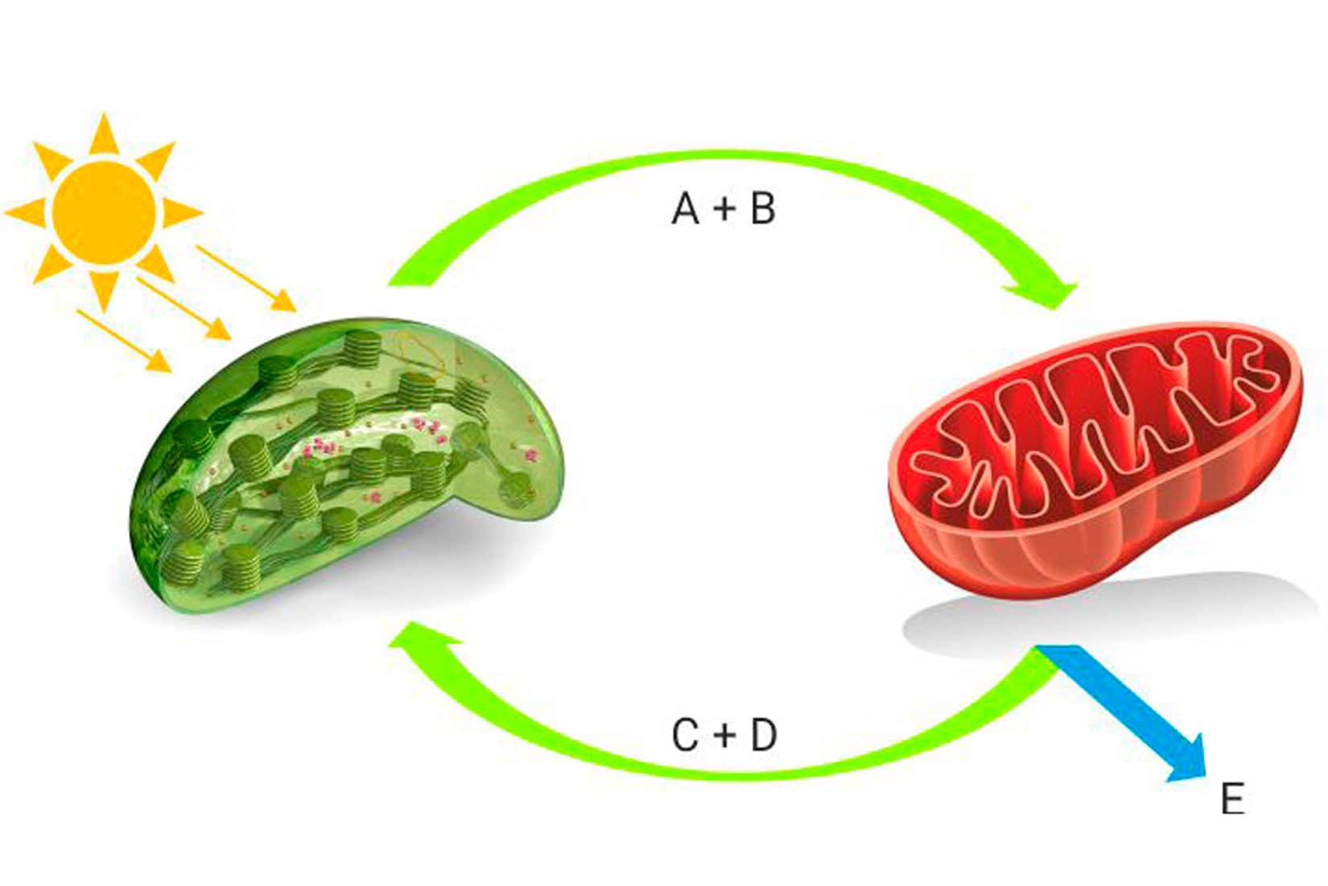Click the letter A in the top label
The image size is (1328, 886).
click(685, 209)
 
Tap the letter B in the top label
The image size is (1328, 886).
click(762, 209)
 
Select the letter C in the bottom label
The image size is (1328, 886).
click(685, 736)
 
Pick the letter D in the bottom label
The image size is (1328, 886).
click(764, 736)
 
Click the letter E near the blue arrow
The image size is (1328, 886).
click(1232, 800)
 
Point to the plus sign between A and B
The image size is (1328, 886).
click(724, 210)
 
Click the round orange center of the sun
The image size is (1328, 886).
click(103, 212)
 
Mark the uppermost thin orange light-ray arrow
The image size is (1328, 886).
click(245, 278)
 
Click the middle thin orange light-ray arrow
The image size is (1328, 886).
click(184, 308)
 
